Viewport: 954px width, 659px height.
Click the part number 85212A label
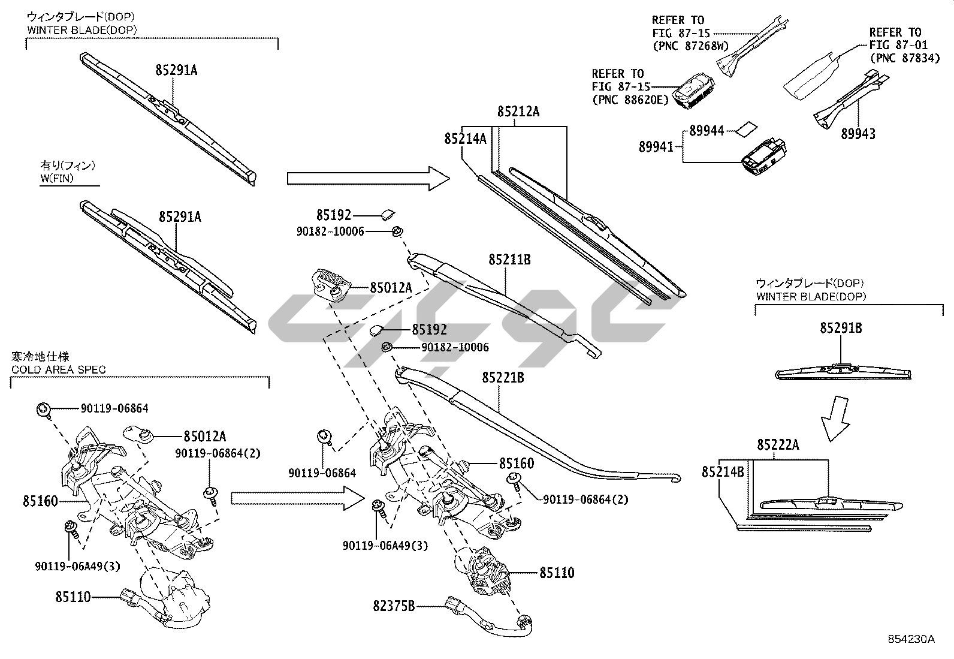coord(518,112)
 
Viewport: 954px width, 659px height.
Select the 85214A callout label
coord(465,139)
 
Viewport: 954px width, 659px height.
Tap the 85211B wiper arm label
coord(509,260)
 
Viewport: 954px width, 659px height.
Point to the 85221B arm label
coord(503,378)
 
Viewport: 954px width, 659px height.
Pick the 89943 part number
coord(858,134)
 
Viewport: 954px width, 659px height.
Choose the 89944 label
coord(707,131)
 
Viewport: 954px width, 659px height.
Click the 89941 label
coord(656,147)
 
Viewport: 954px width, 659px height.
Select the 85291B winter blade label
coord(841,328)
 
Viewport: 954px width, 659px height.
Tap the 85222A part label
coord(778,444)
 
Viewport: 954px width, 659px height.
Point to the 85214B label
coord(723,472)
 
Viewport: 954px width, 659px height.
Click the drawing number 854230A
coord(910,639)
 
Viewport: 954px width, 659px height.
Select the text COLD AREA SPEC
coord(59,369)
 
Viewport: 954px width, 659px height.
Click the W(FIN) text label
coord(58,178)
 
